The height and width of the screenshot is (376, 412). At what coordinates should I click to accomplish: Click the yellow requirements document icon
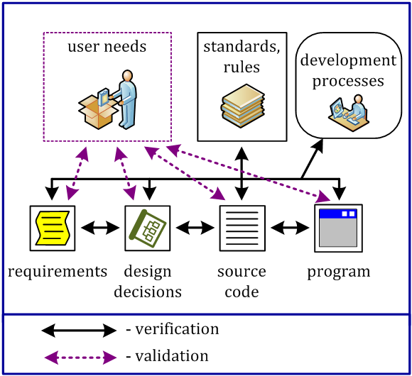(x=52, y=228)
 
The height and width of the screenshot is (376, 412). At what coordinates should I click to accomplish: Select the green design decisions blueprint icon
(x=148, y=228)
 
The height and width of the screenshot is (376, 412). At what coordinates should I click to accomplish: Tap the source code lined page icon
(x=242, y=228)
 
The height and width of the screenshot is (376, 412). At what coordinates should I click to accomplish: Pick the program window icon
(x=338, y=228)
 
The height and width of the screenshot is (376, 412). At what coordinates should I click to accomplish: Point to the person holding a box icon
(x=107, y=99)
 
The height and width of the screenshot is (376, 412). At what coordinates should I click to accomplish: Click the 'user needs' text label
(x=107, y=48)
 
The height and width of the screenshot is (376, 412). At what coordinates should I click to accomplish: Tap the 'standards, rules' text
(x=242, y=57)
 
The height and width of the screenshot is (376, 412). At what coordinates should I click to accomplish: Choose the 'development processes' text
(x=347, y=70)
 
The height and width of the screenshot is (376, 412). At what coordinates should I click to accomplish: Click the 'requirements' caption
(x=58, y=272)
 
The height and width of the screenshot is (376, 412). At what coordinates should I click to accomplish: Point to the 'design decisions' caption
(x=152, y=281)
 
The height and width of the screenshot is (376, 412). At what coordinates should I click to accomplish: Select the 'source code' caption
(x=242, y=281)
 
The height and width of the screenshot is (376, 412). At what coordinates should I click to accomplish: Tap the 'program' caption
(x=338, y=272)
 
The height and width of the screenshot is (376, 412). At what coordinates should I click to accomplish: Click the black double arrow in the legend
(x=79, y=330)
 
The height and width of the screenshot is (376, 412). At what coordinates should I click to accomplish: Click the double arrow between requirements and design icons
(x=99, y=228)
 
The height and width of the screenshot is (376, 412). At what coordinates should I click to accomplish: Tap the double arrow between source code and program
(x=290, y=228)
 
